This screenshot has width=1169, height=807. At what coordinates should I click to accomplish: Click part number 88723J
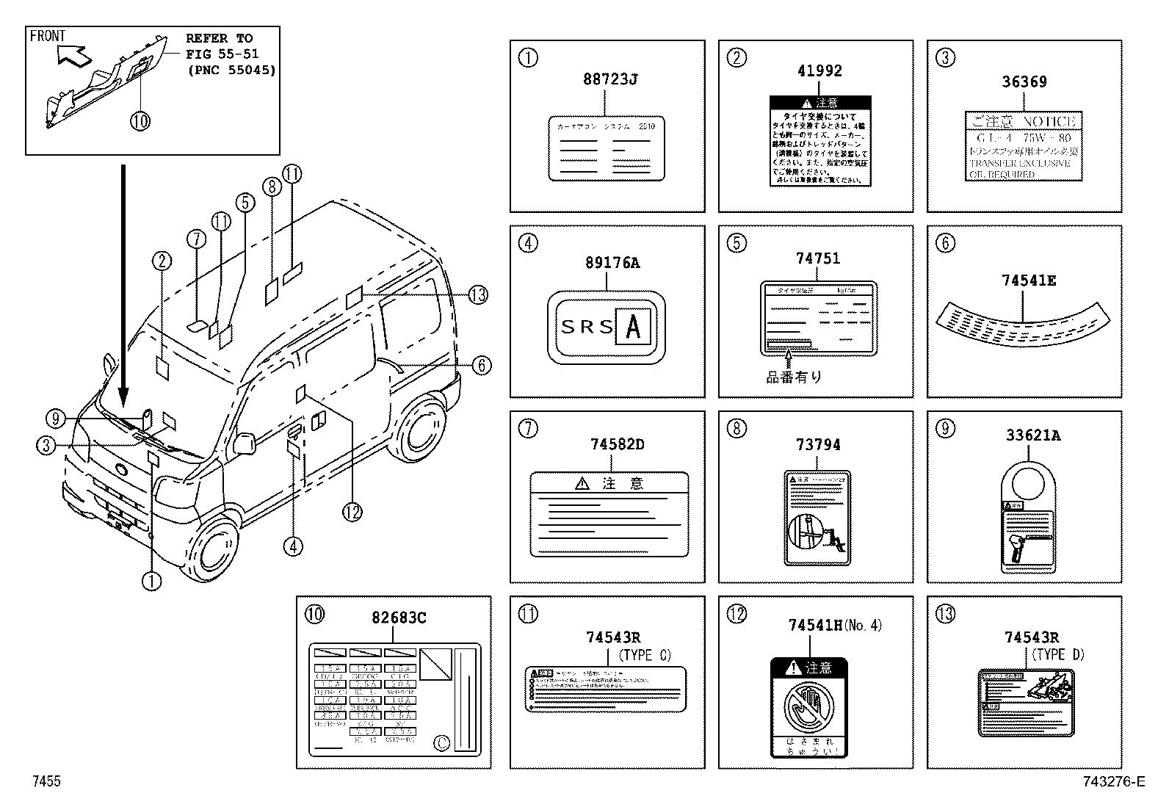click(x=609, y=79)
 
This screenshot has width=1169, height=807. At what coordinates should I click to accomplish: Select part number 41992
click(x=819, y=71)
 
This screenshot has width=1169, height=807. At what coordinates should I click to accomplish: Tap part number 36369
click(x=1024, y=82)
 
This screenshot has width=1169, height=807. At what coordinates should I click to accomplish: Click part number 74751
click(x=817, y=258)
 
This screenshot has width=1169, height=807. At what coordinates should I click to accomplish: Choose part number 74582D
click(x=617, y=444)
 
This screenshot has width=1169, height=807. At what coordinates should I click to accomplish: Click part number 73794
click(x=817, y=445)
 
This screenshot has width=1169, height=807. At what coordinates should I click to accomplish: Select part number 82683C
click(x=399, y=618)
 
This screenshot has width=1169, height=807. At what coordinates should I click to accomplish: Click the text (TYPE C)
click(x=645, y=655)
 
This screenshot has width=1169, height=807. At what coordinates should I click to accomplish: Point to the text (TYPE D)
click(x=1058, y=654)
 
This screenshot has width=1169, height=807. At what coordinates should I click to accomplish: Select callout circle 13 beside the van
click(x=478, y=294)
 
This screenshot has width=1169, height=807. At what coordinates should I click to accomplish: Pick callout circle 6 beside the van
click(x=481, y=365)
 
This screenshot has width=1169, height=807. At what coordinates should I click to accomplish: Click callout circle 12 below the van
click(x=352, y=511)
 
